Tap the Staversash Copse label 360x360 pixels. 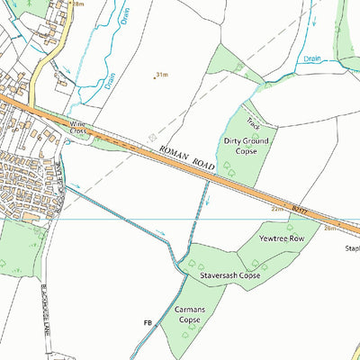tap(230, 274)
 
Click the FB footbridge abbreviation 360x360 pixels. tap(147, 321)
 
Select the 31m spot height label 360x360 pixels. tap(163, 76)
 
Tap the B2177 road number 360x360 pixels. tap(300, 209)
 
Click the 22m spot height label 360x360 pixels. tap(277, 209)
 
